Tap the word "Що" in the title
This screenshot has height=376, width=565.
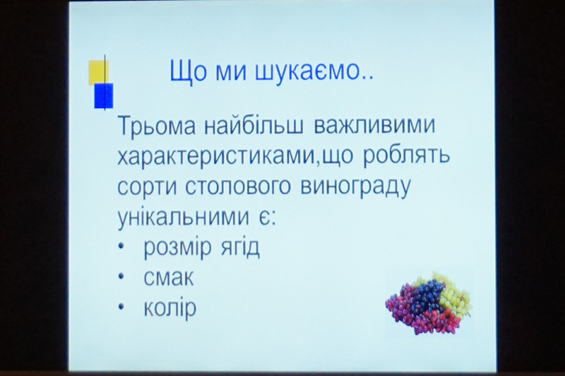click(x=189, y=72)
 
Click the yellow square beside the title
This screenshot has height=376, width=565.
click(x=98, y=73)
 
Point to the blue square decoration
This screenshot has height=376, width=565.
click(x=104, y=95)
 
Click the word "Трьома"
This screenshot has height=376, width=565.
click(x=157, y=127)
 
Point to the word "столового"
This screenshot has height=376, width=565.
click(x=238, y=187)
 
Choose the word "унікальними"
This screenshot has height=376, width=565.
click(x=183, y=218)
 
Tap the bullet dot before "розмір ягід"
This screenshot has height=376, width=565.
click(x=121, y=247)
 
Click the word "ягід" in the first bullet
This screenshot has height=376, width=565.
click(x=239, y=247)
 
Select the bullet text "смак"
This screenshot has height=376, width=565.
click(x=169, y=278)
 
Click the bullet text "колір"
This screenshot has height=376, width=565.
click(x=170, y=308)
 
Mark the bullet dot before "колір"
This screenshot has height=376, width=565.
click(x=121, y=307)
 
